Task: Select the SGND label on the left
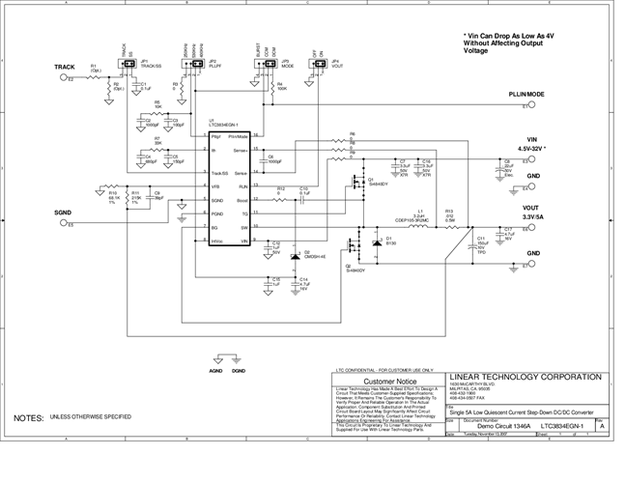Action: click(62, 212)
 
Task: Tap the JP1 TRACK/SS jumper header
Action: click(127, 64)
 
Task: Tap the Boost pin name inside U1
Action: click(241, 199)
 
